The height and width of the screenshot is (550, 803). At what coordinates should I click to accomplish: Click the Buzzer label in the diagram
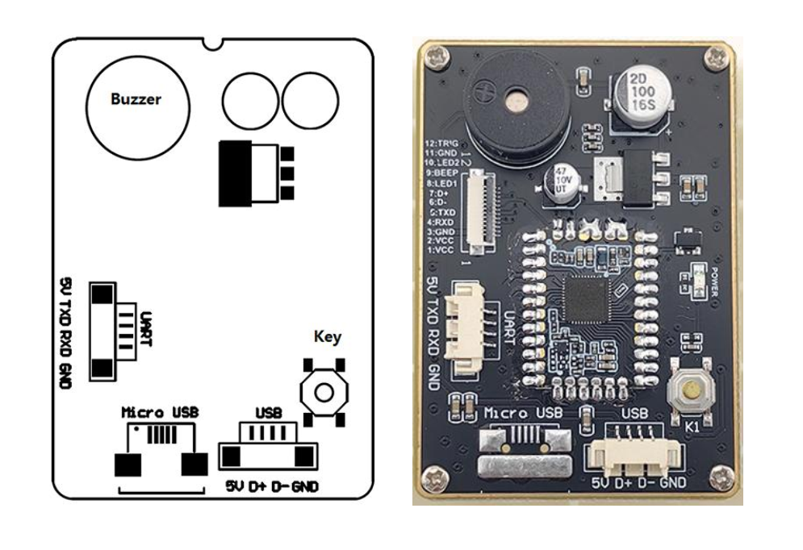click(x=136, y=100)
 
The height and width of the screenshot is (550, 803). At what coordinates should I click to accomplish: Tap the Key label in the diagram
click(x=328, y=337)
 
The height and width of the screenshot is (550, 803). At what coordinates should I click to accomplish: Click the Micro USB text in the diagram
click(x=160, y=412)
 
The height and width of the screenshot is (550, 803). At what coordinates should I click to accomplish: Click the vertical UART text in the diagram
click(x=146, y=330)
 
